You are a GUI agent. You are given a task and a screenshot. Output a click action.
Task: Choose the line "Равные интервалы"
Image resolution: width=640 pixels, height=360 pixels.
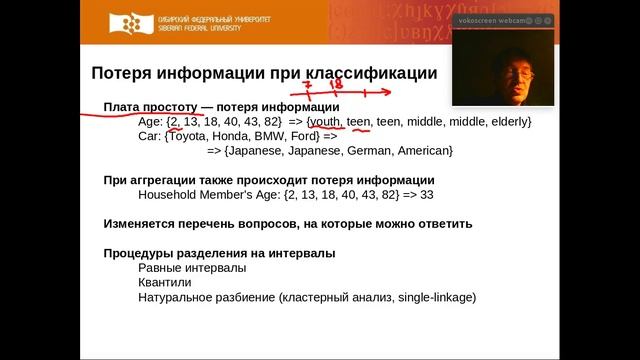pos(192,268)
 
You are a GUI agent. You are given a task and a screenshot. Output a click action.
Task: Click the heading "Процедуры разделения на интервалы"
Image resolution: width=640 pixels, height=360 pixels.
pos(219,253)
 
